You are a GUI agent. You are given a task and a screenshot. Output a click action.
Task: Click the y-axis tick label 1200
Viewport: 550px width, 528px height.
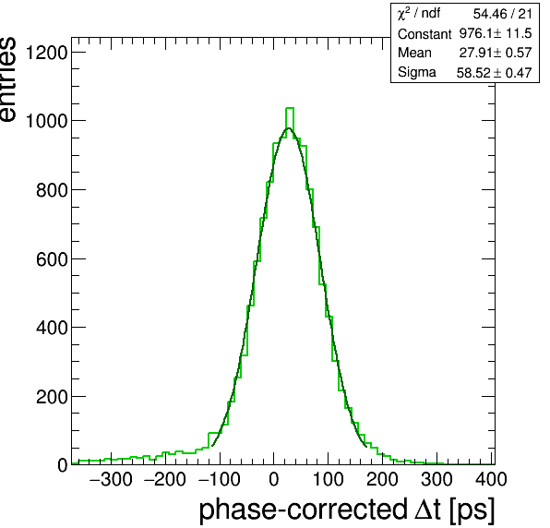coord(46,53)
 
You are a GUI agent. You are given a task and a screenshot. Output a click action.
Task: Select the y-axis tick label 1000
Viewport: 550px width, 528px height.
coord(46,122)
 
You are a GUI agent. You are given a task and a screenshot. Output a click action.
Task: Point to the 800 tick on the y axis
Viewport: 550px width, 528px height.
coord(52,190)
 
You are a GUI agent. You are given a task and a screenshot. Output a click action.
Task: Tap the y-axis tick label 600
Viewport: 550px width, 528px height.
coord(52,259)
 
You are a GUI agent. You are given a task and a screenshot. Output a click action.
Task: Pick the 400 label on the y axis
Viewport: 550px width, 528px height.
coord(52,328)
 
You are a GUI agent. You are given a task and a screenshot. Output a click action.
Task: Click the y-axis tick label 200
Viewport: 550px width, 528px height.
coord(52,397)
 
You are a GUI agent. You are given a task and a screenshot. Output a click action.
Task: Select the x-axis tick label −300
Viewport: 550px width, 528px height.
coord(111,479)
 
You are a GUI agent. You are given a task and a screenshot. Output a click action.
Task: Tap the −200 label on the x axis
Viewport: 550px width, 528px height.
coord(165,479)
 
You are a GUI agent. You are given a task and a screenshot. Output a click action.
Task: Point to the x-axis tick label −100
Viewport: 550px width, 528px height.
coord(220,479)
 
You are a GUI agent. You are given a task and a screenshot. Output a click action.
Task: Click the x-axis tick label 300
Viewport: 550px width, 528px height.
coord(436,479)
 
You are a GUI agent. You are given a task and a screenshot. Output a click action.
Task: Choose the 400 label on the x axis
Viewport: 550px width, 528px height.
coord(491,479)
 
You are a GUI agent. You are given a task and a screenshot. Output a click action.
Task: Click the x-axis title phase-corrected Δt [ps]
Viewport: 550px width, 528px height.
coord(347,510)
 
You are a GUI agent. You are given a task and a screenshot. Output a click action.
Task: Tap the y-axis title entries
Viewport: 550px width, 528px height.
coord(7,79)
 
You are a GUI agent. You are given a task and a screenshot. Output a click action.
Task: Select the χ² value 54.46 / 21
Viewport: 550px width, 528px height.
coord(503,14)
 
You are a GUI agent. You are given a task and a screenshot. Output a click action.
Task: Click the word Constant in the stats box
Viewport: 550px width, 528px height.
coord(424,34)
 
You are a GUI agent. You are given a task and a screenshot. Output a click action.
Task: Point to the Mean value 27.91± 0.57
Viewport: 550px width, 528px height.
coord(496,53)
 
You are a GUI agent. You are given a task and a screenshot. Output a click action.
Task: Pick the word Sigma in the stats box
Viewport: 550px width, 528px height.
coord(417,73)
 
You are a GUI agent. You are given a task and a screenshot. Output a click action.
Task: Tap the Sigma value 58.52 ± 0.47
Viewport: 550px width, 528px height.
coord(495,73)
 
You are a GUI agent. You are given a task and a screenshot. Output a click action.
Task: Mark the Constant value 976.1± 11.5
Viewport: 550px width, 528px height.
coord(496,33)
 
